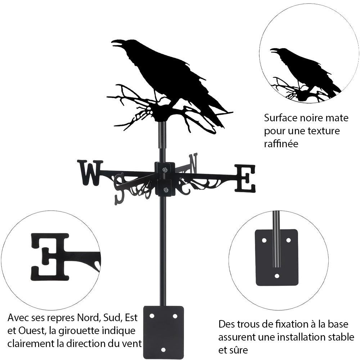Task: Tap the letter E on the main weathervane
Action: point(245,178)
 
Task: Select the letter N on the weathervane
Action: point(193,162)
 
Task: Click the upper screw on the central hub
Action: point(165,170)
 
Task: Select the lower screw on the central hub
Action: point(165,190)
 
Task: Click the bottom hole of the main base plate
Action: point(163,349)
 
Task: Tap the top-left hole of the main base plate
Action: point(152,316)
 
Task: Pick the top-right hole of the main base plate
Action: point(175,316)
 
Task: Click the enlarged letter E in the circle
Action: point(50,256)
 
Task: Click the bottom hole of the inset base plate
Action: point(277,276)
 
